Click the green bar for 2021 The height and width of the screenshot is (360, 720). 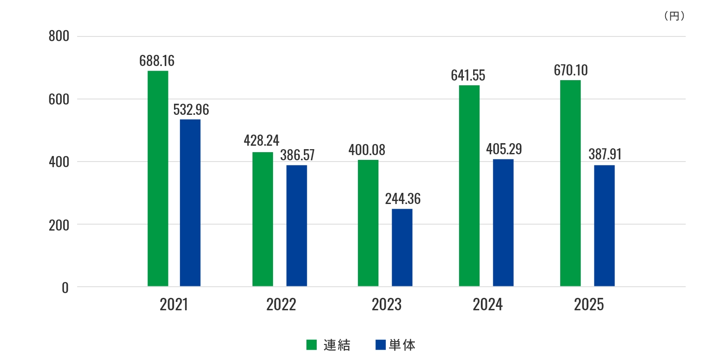(158, 178)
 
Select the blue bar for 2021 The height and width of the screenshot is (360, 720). (190, 203)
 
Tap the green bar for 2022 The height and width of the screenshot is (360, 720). (262, 219)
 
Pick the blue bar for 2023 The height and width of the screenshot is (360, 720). (402, 247)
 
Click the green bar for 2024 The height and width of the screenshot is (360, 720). (469, 186)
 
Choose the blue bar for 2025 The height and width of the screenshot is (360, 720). (604, 225)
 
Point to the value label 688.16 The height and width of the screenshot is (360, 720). (157, 61)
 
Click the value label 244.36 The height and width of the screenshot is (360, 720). (402, 199)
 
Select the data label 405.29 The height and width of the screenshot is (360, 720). (504, 149)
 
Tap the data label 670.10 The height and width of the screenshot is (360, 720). (570, 70)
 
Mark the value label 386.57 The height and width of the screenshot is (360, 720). (297, 155)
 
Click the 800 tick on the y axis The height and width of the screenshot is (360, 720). (59, 36)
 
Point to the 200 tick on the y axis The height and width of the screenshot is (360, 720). (59, 225)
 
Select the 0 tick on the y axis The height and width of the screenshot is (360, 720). (65, 288)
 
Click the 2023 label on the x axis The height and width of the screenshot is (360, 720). (386, 305)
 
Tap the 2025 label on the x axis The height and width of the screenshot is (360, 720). (588, 305)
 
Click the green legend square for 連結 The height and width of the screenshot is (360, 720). (312, 345)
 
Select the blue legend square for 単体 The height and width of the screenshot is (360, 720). (380, 345)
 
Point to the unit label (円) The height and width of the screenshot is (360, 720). (674, 16)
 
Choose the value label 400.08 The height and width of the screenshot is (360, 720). (366, 150)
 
